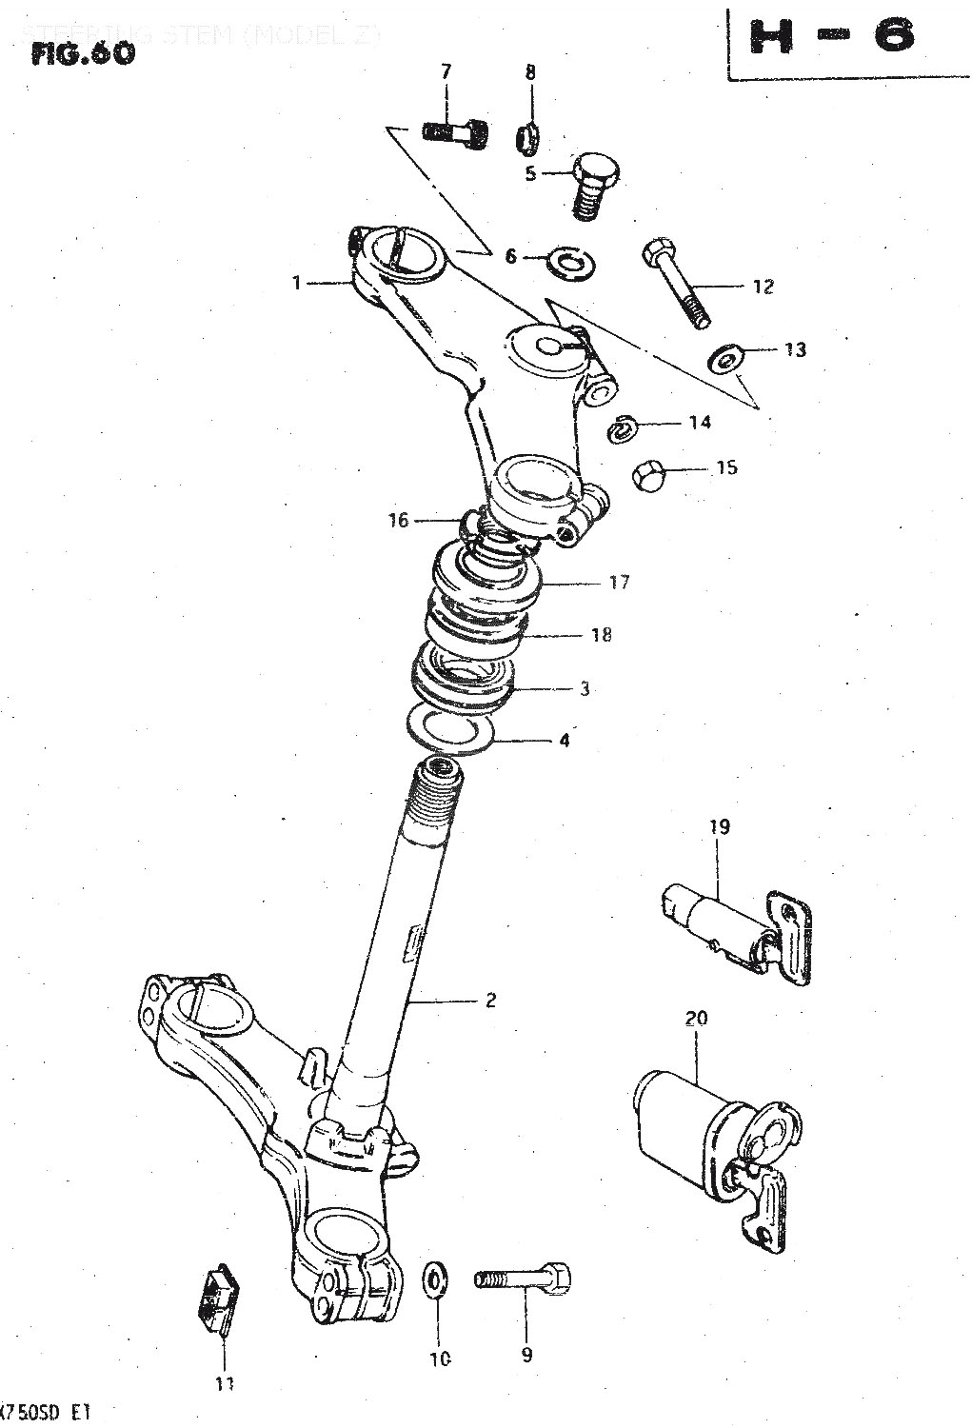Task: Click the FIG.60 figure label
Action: click(x=83, y=53)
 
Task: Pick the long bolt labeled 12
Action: click(x=677, y=281)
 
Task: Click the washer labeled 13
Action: click(x=726, y=359)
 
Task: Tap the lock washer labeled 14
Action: click(x=623, y=429)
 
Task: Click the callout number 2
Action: click(x=490, y=1000)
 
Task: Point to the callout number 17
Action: click(x=619, y=582)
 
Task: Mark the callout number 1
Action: click(x=297, y=283)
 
